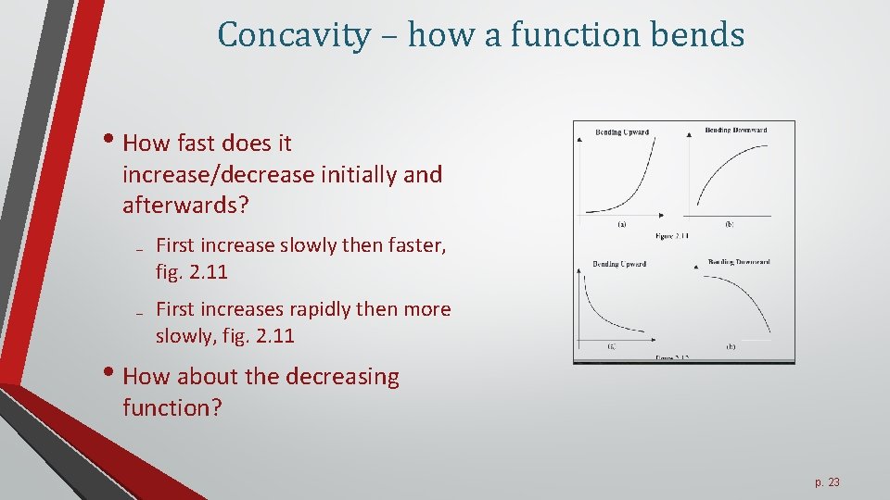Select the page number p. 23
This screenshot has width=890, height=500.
click(x=827, y=482)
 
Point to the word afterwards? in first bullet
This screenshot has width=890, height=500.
click(x=185, y=205)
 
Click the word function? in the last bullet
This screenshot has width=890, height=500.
click(x=172, y=407)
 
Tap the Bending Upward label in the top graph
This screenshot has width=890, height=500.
click(x=621, y=132)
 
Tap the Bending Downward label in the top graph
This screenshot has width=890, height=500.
click(x=736, y=131)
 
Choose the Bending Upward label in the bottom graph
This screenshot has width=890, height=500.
click(x=619, y=265)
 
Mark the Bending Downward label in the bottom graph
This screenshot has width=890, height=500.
click(x=739, y=262)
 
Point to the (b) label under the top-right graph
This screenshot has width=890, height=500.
click(x=730, y=224)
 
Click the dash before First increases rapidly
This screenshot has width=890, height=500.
click(x=136, y=312)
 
